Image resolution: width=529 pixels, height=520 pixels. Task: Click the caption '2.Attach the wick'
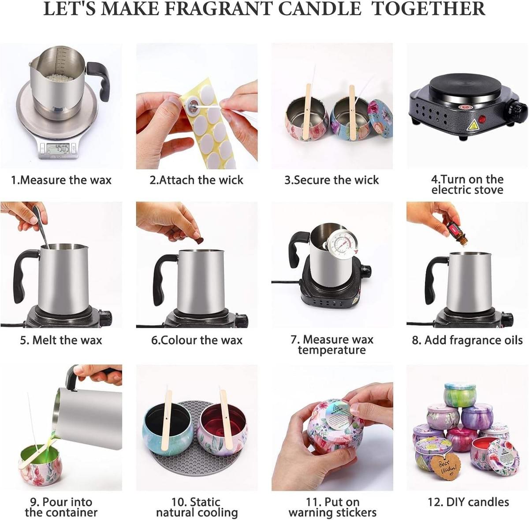(196, 180)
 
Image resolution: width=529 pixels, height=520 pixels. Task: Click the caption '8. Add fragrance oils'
(467, 340)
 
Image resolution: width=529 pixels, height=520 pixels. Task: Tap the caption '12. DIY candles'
(468, 502)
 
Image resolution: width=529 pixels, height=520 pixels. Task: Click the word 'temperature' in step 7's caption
(332, 350)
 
